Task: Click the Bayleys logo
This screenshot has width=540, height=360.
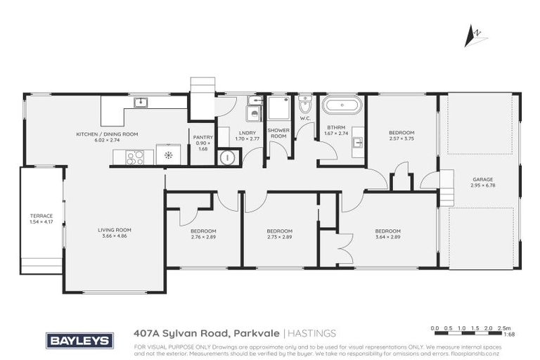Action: point(79,340)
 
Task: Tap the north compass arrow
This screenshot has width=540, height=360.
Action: point(475,35)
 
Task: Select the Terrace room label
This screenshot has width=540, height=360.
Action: point(41,219)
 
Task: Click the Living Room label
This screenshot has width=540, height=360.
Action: point(114,232)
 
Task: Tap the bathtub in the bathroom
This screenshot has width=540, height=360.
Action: point(342,106)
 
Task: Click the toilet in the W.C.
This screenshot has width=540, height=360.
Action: point(304,107)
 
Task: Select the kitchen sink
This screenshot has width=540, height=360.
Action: point(141,102)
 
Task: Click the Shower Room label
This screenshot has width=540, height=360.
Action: point(278,133)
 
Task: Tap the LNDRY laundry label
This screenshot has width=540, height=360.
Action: point(247,136)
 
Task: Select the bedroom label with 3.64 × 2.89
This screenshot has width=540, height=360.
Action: point(387,234)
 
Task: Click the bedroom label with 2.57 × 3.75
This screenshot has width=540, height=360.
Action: point(401,136)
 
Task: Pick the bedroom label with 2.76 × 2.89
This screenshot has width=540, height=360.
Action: point(203,234)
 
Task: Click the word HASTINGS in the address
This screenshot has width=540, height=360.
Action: point(311,333)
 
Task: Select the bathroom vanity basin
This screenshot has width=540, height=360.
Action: point(357,142)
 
